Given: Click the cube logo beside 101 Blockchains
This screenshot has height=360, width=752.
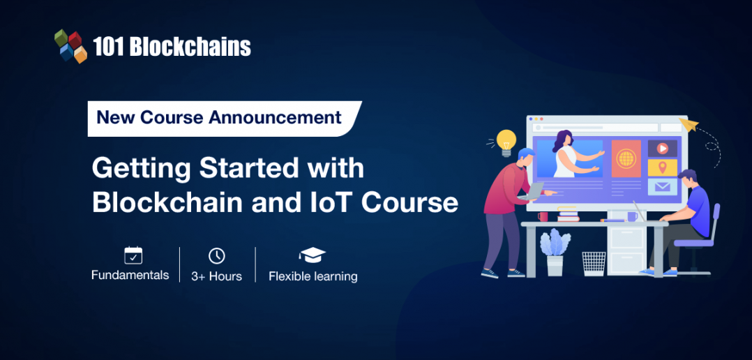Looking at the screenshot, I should [x=70, y=46].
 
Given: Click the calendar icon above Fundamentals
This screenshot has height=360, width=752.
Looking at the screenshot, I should [x=133, y=255].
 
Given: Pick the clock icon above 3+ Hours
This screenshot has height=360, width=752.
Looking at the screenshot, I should [x=217, y=255].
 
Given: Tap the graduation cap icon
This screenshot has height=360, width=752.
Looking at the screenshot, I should [x=312, y=255].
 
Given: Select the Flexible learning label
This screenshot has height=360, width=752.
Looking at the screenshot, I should [x=313, y=276].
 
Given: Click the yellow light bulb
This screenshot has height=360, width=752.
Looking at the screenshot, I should [x=506, y=141].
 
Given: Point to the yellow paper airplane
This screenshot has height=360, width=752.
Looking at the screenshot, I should [x=690, y=126].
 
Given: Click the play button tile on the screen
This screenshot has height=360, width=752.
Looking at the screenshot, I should [x=661, y=149].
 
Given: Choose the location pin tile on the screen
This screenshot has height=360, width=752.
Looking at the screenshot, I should [x=661, y=167].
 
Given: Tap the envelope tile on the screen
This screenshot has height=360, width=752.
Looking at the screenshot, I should [x=661, y=186].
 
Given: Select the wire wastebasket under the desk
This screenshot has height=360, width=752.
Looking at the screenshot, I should [x=594, y=263].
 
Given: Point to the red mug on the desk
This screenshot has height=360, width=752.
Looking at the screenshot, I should [x=543, y=216].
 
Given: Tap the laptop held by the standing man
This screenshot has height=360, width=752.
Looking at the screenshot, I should [x=534, y=190].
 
